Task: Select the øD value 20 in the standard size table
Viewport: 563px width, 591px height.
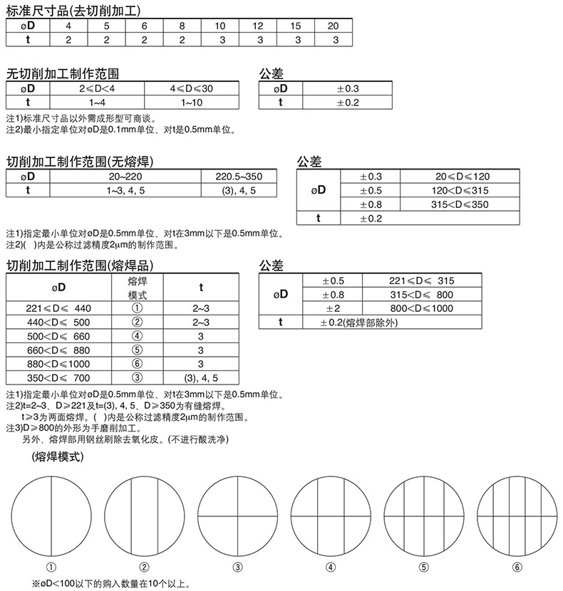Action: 333,26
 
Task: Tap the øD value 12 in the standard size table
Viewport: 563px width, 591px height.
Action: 257,26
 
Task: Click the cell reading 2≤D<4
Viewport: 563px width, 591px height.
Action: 96,89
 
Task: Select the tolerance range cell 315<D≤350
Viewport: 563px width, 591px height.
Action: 461,204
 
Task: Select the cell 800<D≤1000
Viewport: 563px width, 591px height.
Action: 421,308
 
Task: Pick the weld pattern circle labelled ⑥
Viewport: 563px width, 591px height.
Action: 516,515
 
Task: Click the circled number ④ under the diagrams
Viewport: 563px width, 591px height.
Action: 331,568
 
